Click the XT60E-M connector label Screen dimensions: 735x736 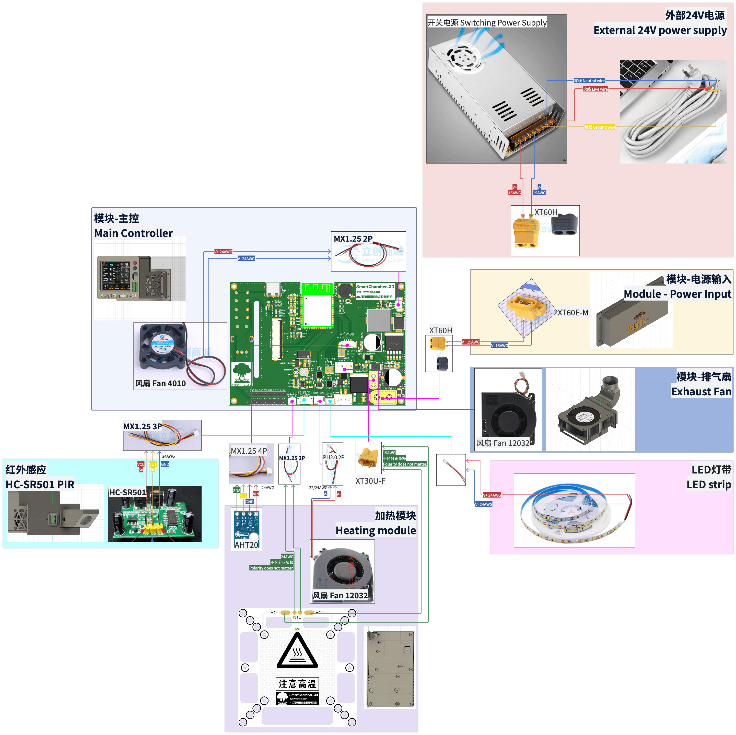[573, 313]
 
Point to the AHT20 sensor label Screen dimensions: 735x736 [246, 545]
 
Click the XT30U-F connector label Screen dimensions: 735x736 [370, 481]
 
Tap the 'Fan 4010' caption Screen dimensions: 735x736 [160, 383]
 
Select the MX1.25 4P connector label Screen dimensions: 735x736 [249, 451]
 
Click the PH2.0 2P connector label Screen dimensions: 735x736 [333, 457]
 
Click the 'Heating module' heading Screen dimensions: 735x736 [375, 530]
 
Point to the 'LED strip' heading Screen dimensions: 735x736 [709, 484]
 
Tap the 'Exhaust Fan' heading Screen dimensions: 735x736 [701, 392]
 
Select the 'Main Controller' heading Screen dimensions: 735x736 [133, 233]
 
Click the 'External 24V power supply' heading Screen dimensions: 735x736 [660, 30]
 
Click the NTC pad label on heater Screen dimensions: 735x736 [297, 617]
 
